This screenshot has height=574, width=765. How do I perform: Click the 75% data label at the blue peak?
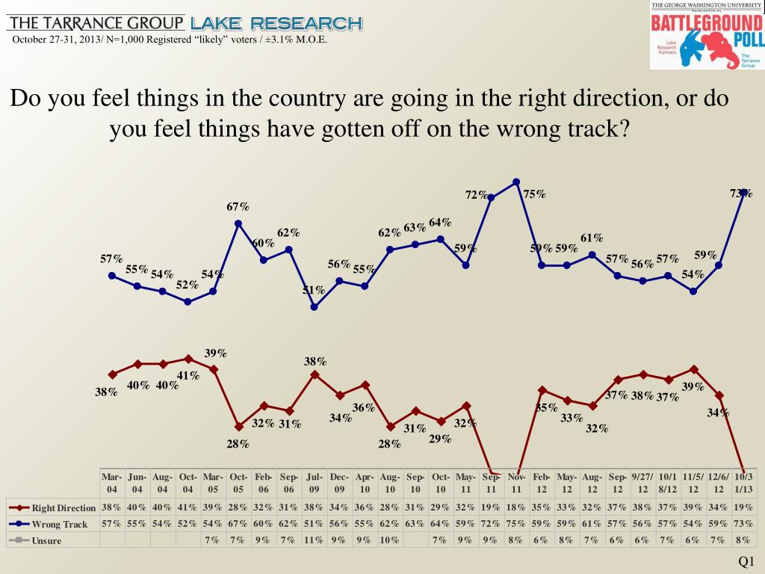tap(534, 194)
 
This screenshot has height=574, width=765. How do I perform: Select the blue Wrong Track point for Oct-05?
tap(238, 223)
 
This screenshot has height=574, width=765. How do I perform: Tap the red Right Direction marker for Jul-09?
tap(315, 374)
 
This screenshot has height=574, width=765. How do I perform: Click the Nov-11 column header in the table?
tap(516, 483)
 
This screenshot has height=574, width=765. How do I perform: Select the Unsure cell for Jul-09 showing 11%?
tap(315, 540)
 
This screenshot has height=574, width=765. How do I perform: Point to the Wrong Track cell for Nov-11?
tap(516, 524)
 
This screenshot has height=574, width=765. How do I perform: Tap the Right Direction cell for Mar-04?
tap(112, 507)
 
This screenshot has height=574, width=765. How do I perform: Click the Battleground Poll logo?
tap(706, 35)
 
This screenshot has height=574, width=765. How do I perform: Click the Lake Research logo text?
tap(276, 23)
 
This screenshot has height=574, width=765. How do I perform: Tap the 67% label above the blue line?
tap(238, 206)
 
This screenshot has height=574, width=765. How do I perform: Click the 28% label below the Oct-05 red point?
tap(238, 444)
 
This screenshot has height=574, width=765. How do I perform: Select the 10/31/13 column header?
tap(743, 483)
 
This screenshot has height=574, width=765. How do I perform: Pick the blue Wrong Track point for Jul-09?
tap(315, 306)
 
